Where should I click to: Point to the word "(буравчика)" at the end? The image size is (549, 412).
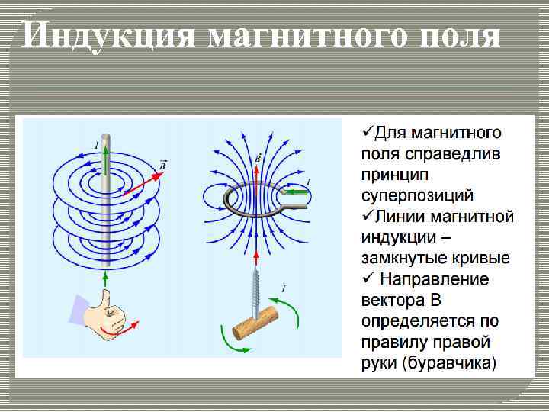449,362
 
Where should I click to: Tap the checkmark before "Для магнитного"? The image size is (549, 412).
367,133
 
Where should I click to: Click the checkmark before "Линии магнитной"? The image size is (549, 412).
367,216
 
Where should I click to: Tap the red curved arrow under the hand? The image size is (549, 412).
121,330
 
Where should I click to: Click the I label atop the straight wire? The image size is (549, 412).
96,143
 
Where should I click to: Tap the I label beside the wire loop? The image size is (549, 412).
309,181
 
